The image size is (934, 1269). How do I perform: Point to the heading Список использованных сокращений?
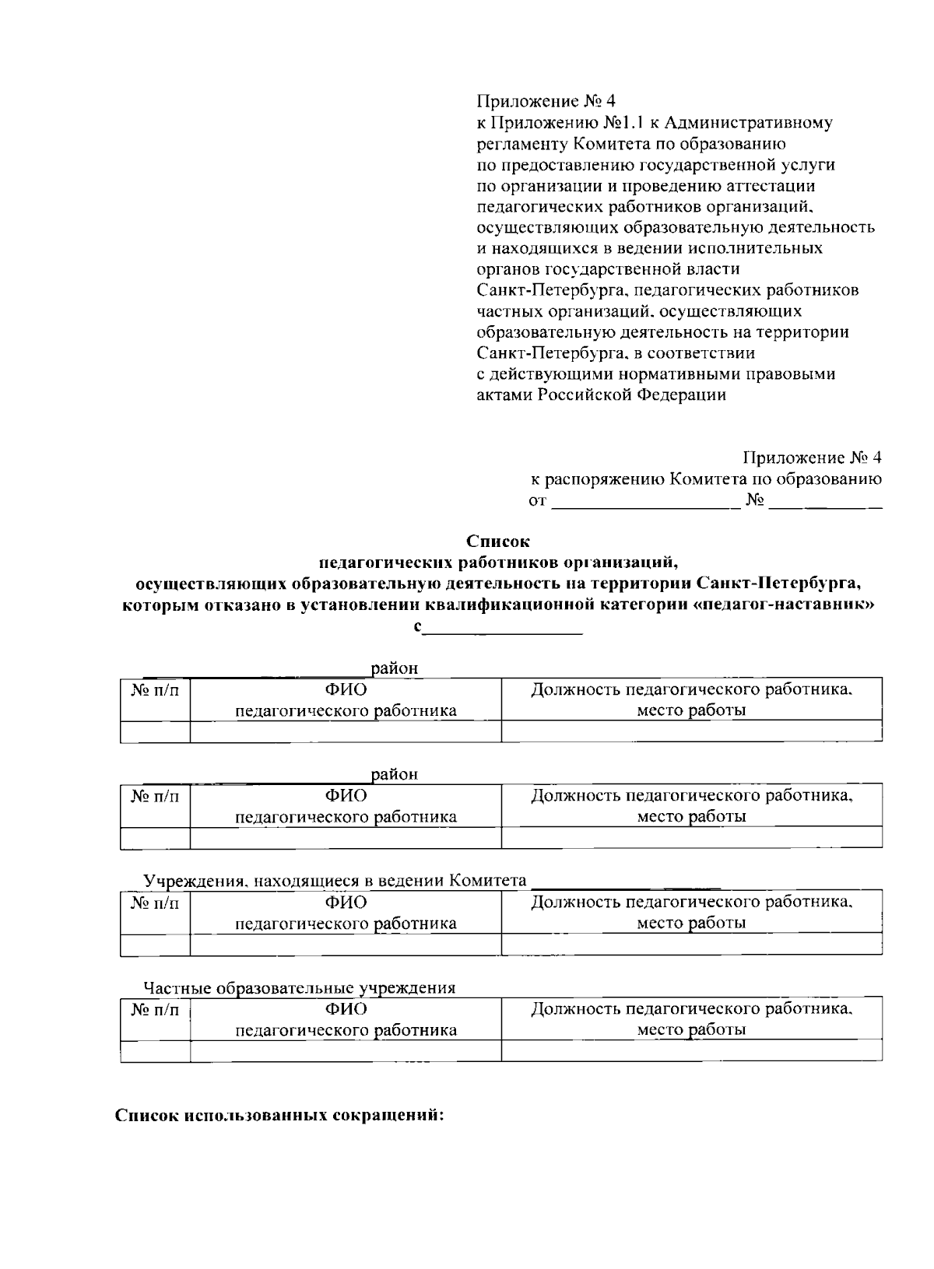(x=279, y=1114)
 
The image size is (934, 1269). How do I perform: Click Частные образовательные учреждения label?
(x=299, y=988)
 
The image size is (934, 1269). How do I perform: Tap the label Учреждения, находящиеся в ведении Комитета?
(x=335, y=882)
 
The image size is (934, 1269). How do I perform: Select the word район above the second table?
(x=395, y=775)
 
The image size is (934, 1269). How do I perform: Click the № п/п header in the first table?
(x=155, y=690)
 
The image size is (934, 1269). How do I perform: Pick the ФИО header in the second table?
(x=346, y=795)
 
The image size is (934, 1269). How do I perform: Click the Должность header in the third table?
(x=691, y=903)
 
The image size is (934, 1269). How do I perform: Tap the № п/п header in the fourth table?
(x=155, y=1010)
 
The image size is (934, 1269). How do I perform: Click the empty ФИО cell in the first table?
(x=346, y=731)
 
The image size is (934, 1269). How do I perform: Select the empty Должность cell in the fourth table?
(x=691, y=1051)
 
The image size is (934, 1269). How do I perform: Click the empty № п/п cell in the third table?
(x=155, y=945)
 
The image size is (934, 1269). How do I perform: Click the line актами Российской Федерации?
(x=600, y=395)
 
